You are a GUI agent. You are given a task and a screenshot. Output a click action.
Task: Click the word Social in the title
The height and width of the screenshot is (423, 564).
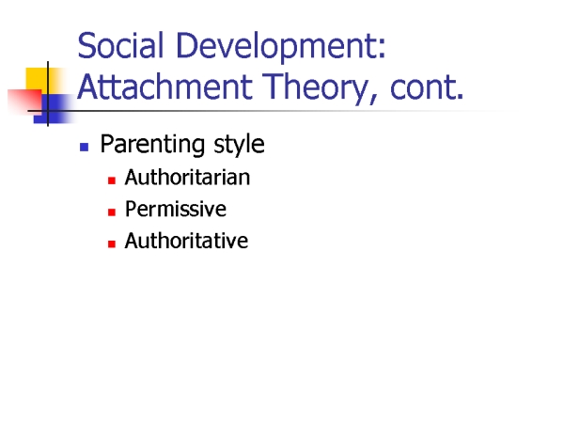coord(120,45)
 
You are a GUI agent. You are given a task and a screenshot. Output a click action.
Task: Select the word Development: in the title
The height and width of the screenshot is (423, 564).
coord(281,48)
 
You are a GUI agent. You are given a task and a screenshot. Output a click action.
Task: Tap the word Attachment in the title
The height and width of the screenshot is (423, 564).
coord(164,86)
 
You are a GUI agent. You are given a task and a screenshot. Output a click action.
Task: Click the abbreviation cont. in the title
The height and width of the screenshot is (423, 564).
coord(427,87)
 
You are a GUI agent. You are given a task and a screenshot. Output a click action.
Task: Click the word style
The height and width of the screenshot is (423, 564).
coord(239,145)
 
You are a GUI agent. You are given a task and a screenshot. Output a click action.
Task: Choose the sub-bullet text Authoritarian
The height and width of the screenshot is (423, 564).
coord(187,178)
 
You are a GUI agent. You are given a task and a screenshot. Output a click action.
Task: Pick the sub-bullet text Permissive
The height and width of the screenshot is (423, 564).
coord(176,209)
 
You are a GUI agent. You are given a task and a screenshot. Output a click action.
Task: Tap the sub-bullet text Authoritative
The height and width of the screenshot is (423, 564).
coord(186,241)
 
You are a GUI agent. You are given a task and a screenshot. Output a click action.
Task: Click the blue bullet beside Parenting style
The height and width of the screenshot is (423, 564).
coord(85,148)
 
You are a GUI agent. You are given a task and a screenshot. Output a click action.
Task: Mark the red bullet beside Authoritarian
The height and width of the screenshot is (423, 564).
coord(112,180)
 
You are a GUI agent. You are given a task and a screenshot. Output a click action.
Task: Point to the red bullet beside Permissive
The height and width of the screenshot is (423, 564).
coord(112,212)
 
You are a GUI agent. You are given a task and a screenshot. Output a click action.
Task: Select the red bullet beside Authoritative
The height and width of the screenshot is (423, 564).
coord(112,243)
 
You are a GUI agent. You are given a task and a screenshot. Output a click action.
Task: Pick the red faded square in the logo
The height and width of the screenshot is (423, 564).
coord(25,102)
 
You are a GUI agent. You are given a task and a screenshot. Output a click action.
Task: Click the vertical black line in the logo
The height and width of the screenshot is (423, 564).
coord(48,94)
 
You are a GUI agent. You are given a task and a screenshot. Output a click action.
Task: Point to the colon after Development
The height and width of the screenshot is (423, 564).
coord(382,50)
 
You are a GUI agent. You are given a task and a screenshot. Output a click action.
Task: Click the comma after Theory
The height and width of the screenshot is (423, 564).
coord(374,99)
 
